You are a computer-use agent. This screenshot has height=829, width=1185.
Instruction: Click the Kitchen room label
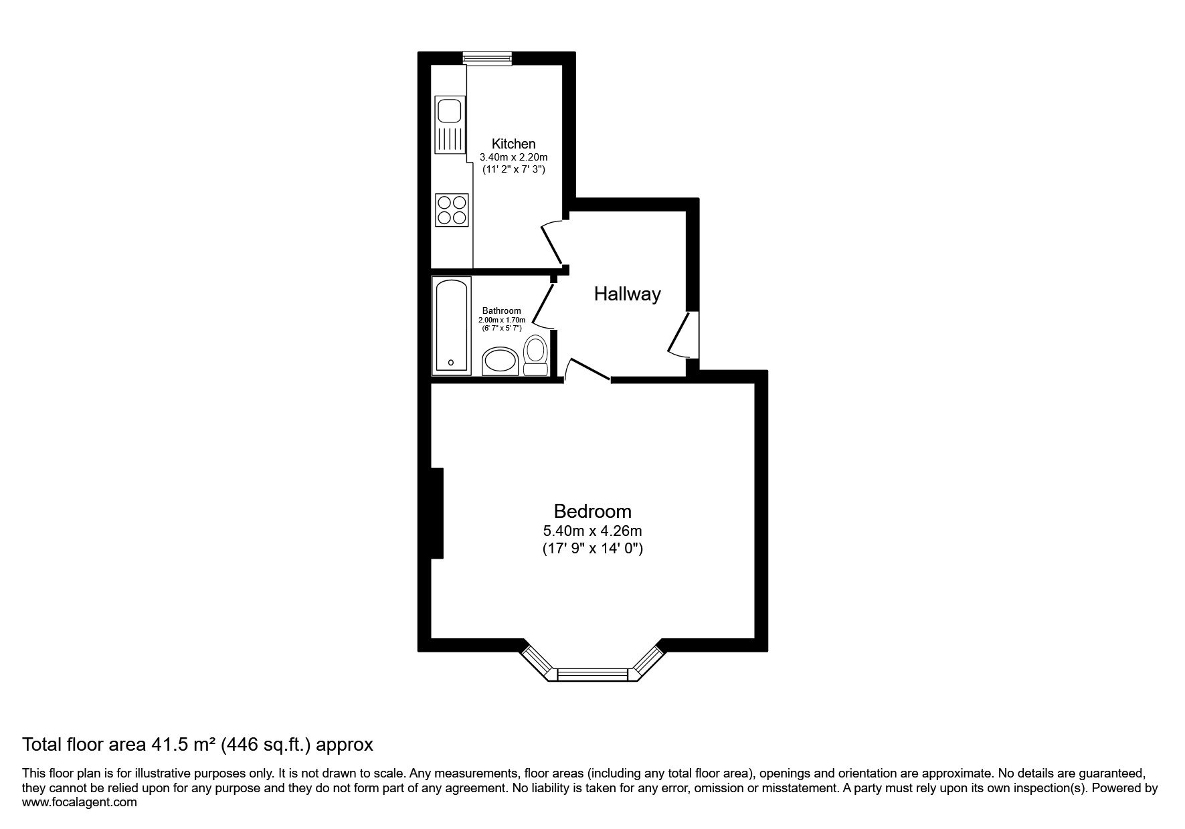(513, 143)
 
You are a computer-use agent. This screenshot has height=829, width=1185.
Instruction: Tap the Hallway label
(628, 294)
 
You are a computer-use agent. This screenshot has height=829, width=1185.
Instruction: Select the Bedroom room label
(592, 511)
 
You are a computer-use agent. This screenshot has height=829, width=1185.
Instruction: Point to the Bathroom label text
(502, 310)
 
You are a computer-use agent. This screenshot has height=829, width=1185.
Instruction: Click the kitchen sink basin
(448, 109)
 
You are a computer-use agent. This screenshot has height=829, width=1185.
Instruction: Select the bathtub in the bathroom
(453, 325)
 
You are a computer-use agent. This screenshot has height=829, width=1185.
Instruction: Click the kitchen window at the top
(488, 59)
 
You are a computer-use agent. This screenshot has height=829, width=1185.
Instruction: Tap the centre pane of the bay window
(594, 674)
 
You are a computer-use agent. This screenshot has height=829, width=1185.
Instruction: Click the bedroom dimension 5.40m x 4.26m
(593, 531)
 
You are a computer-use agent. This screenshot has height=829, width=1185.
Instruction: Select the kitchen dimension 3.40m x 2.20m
(513, 157)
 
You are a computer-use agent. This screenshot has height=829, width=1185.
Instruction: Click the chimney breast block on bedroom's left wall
(437, 513)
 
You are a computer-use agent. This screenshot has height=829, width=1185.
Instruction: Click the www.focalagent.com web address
(80, 802)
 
